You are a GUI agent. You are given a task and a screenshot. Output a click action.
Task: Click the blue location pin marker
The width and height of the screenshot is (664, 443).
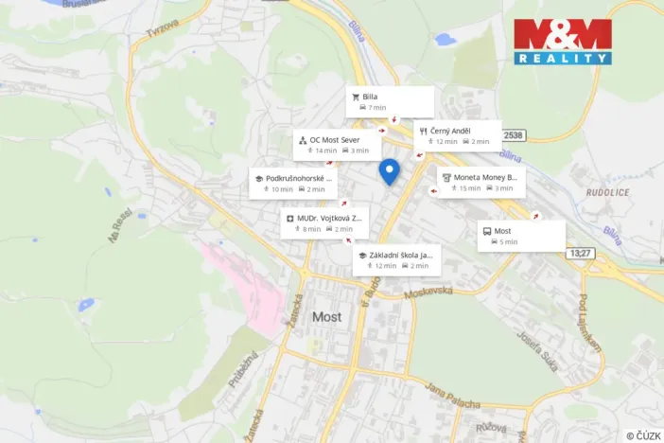coord(389,171)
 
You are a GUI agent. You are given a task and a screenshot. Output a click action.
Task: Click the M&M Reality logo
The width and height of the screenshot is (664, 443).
coord(563,42)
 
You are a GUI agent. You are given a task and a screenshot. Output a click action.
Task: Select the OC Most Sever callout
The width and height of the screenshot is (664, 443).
coord(337,145)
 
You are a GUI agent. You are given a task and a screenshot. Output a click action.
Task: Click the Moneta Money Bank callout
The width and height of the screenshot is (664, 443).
coord(481,182)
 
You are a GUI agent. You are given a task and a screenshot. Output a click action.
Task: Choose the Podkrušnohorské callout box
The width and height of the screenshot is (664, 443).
coord(292,183)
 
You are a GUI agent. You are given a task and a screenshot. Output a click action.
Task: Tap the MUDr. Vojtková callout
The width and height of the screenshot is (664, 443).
coord(323,222)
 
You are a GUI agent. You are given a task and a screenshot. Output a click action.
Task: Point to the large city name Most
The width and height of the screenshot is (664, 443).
coord(326,317)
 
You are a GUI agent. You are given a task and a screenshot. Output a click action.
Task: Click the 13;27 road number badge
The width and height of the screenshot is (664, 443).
coord(580,253)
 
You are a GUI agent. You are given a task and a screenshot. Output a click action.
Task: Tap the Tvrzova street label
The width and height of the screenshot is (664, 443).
coord(162,26)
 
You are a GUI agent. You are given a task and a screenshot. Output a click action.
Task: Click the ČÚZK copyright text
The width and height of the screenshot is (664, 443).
coord(643,435)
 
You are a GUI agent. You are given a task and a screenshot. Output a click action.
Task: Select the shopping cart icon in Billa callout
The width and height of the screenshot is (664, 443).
coord(356,96)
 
